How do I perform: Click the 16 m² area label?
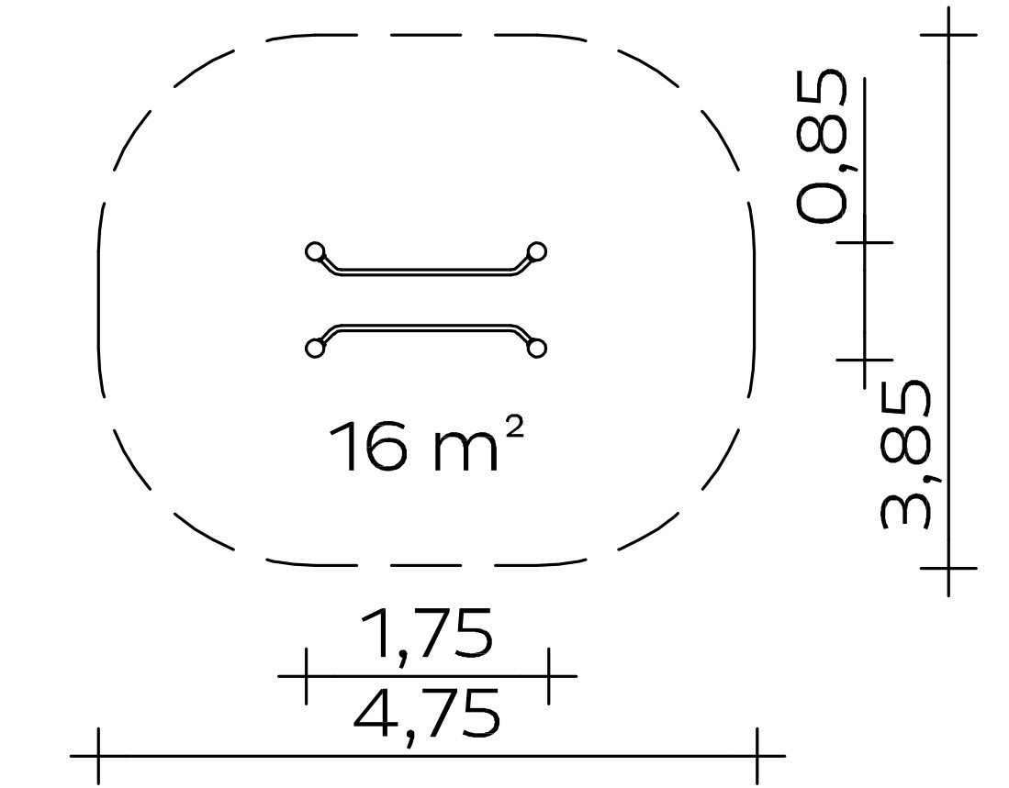(x=426, y=445)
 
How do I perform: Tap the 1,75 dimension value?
(x=427, y=634)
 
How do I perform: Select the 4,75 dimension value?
(x=427, y=715)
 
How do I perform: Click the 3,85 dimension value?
(x=905, y=454)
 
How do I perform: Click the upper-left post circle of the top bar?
(x=315, y=251)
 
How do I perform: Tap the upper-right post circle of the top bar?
(x=537, y=251)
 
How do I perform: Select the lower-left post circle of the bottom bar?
(x=315, y=349)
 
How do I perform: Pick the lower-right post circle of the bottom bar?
(x=537, y=349)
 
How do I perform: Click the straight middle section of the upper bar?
(x=426, y=272)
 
